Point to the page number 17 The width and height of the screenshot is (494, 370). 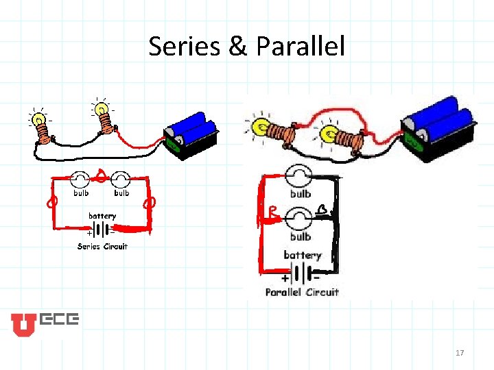pyautogui.click(x=460, y=353)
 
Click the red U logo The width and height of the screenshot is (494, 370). pyautogui.click(x=23, y=325)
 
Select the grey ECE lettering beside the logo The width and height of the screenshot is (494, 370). pyautogui.click(x=60, y=319)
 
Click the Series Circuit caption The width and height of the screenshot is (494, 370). pyautogui.click(x=102, y=247)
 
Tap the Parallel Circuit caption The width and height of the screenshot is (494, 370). pyautogui.click(x=303, y=292)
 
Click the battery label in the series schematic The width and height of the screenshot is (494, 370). pyautogui.click(x=102, y=216)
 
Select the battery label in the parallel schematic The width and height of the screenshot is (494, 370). pyautogui.click(x=303, y=255)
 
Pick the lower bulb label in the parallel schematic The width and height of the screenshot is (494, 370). pyautogui.click(x=301, y=237)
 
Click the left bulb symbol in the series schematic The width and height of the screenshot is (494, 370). pyautogui.click(x=80, y=180)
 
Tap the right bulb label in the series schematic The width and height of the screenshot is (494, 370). pyautogui.click(x=121, y=193)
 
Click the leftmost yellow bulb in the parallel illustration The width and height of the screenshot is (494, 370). pyautogui.click(x=261, y=126)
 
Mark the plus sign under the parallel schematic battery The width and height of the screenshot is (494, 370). pyautogui.click(x=284, y=279)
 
